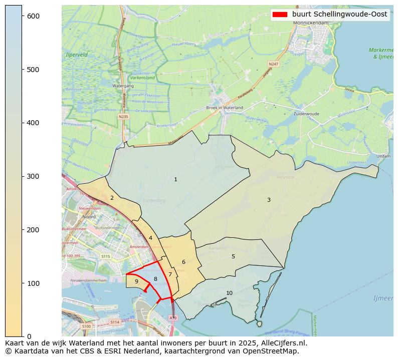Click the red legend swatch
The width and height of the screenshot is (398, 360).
click(x=280, y=14)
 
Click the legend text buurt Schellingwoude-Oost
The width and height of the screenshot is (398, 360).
click(x=340, y=14)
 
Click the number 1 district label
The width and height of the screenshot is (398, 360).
click(x=175, y=179)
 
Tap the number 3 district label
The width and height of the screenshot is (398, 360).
click(x=269, y=200)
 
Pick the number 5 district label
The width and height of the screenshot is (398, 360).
click(x=233, y=256)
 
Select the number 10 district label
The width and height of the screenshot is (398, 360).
click(x=229, y=293)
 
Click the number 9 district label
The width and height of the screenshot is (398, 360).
click(x=136, y=281)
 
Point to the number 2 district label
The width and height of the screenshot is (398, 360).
click(x=112, y=198)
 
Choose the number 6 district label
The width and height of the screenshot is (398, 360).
click(x=183, y=262)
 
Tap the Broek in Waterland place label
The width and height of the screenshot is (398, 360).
click(x=224, y=108)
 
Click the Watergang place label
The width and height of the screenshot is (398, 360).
click(x=123, y=86)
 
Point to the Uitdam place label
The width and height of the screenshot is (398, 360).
click(x=383, y=156)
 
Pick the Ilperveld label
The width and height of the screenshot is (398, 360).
click(x=77, y=54)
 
